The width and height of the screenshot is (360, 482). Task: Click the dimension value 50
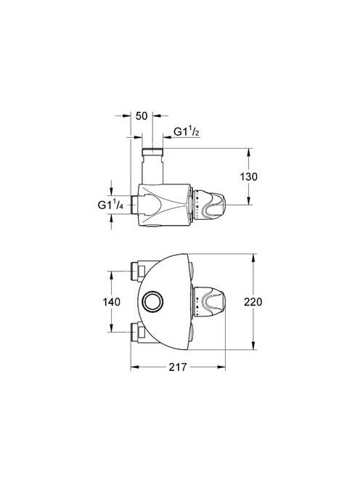click(142, 116)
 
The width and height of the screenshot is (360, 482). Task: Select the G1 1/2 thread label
click(187, 132)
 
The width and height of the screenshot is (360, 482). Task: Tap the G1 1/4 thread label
click(110, 205)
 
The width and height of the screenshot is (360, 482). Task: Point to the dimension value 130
click(249, 176)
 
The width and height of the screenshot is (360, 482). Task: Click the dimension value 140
click(112, 302)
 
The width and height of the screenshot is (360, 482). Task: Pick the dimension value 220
click(253, 302)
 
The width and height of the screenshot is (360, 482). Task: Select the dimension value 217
click(178, 367)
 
